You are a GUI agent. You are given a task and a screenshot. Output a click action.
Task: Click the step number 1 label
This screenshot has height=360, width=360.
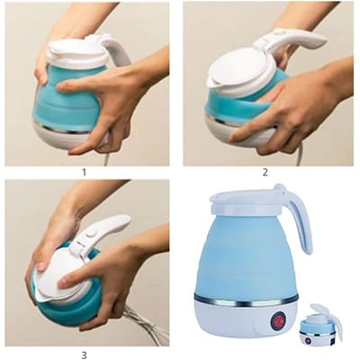point(84,173)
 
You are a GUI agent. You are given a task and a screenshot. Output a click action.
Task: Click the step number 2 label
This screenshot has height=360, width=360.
point(265,172)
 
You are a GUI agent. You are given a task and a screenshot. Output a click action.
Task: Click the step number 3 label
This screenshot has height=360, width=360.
point(84,355)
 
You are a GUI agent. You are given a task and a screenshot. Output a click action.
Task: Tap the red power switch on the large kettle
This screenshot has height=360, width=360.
point(278,320)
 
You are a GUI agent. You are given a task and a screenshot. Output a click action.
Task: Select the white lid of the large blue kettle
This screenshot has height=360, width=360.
point(250,201)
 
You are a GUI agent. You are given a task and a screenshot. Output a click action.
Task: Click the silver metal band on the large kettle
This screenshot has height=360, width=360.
point(246,300)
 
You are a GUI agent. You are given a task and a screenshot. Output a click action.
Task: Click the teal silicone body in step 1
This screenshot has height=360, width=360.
point(65,99)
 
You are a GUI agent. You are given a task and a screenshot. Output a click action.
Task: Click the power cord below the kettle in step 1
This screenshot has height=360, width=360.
point(105,157)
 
